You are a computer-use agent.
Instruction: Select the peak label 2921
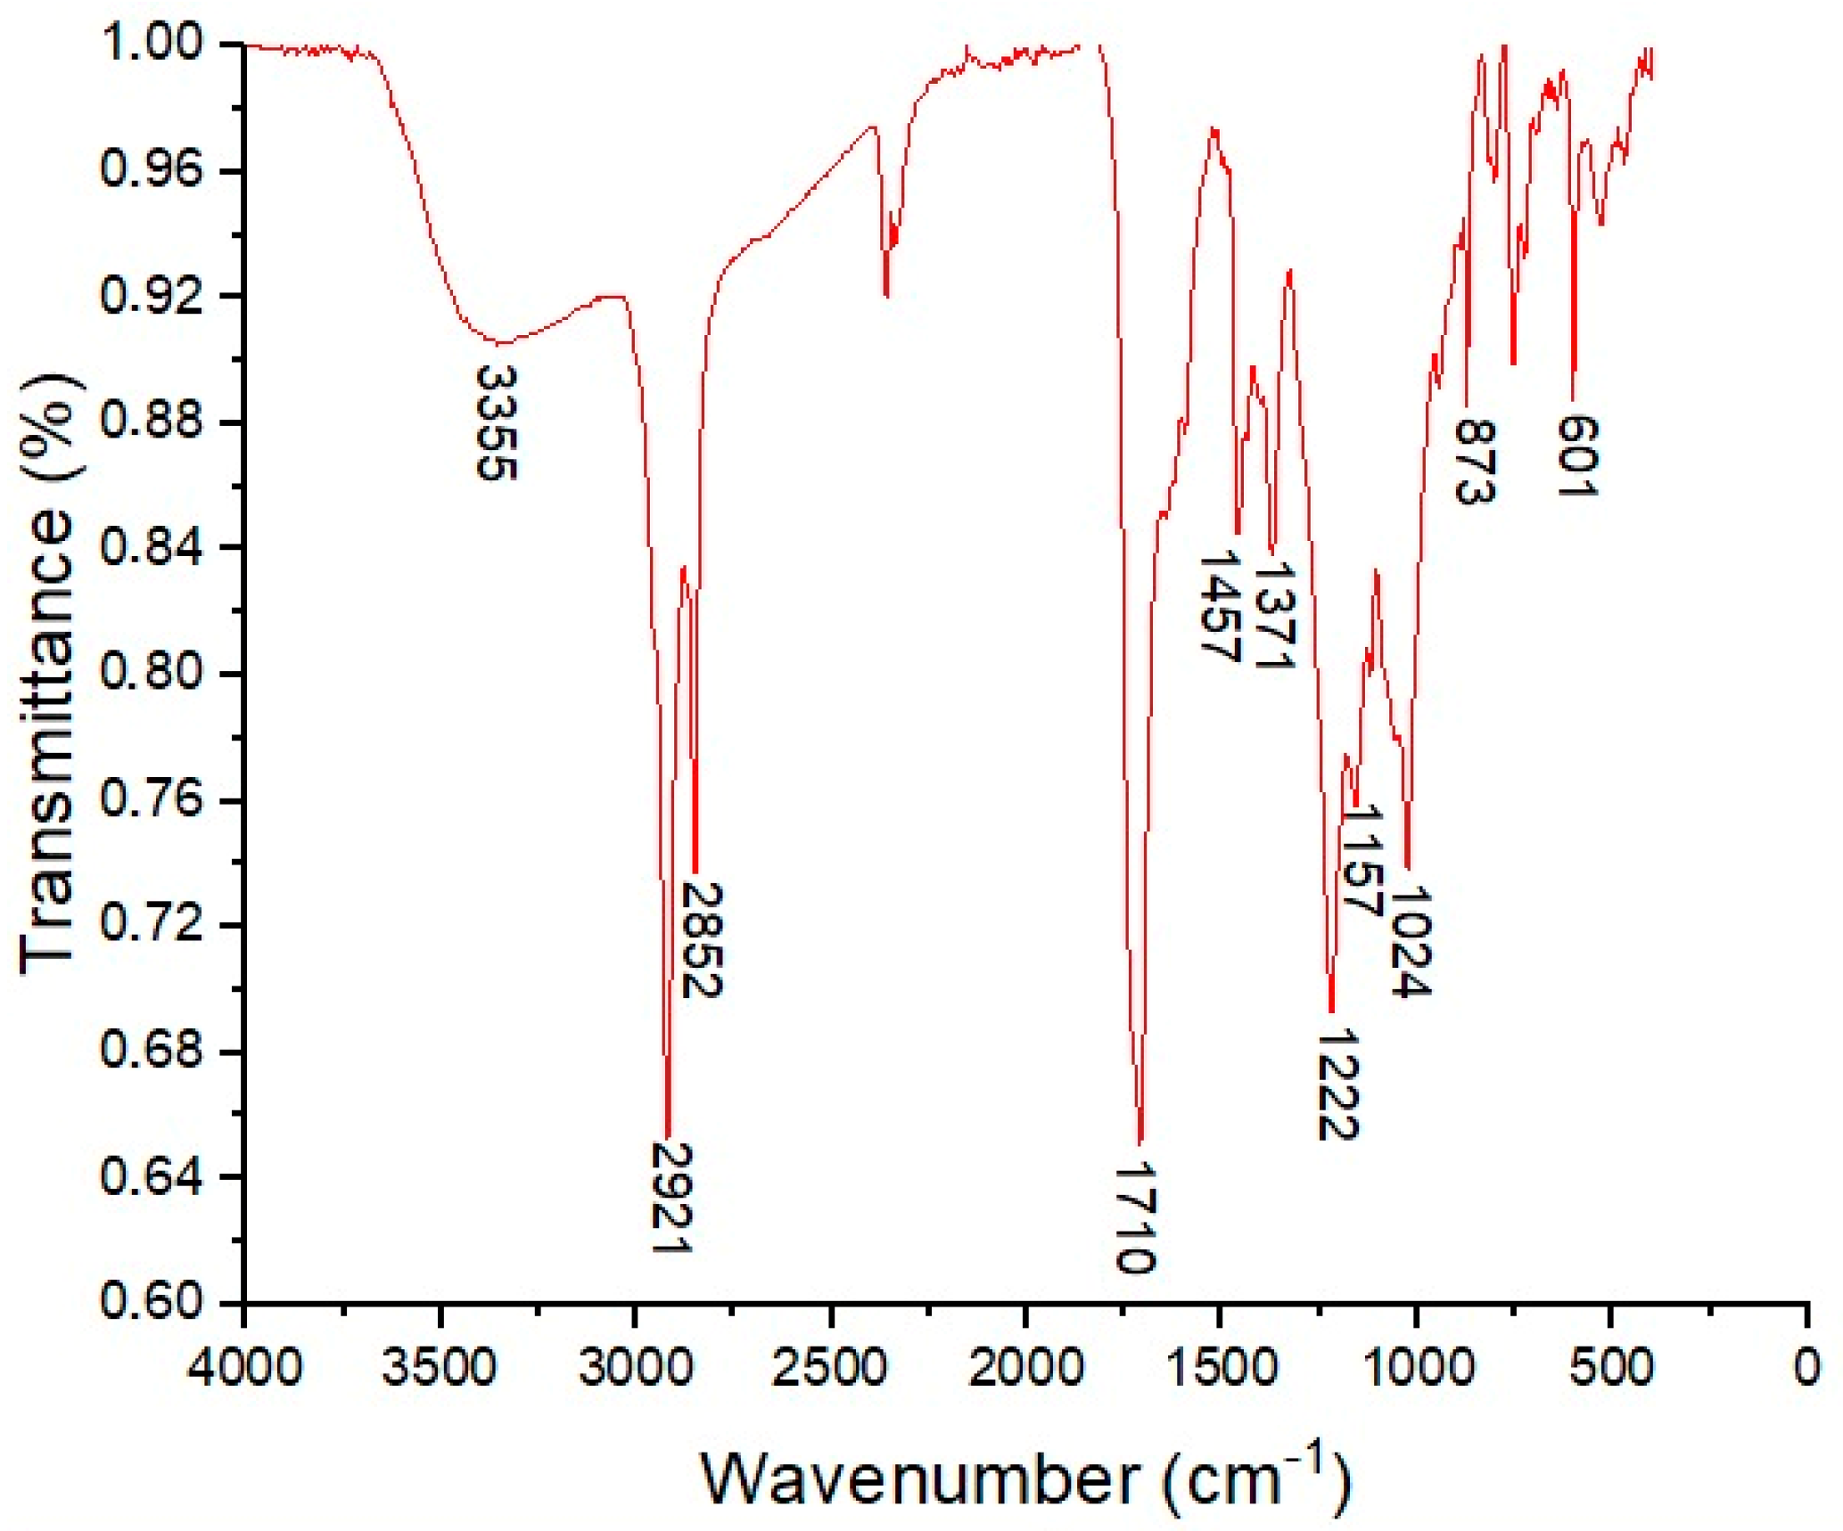(x=671, y=1197)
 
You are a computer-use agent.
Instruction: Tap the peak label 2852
(x=701, y=939)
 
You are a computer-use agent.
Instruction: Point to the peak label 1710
(x=1136, y=1217)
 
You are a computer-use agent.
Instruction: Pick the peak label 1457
(x=1219, y=607)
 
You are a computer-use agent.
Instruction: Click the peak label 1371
(x=1272, y=614)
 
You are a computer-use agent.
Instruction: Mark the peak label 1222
(x=1337, y=1085)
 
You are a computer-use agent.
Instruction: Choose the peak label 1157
(x=1362, y=861)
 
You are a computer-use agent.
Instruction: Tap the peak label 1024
(x=1411, y=941)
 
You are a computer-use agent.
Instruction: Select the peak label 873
(x=1474, y=462)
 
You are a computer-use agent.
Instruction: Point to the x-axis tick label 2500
(x=830, y=1366)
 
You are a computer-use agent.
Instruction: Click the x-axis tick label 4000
(x=243, y=1366)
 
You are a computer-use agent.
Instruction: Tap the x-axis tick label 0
(x=1806, y=1366)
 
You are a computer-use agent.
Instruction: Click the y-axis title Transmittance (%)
(x=49, y=673)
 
